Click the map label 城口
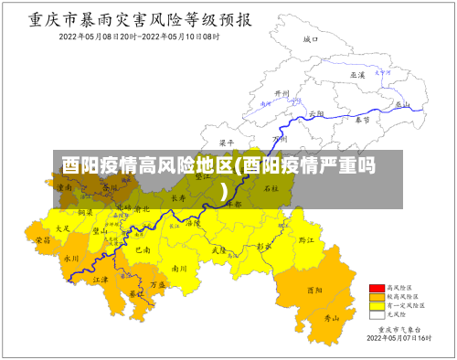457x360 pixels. pos(310,40)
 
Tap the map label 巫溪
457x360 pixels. pos(357,74)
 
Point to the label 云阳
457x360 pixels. pos(316,113)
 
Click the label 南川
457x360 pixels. pos(179,269)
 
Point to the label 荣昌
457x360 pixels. pos(42,239)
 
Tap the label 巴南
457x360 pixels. pos(142,249)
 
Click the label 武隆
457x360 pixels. pos(219,248)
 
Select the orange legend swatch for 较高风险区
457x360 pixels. pos(376,297)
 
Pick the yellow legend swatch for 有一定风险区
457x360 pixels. pos(376,306)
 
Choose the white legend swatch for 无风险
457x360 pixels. pos(376,315)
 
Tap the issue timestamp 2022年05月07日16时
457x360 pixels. pos(398,338)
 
